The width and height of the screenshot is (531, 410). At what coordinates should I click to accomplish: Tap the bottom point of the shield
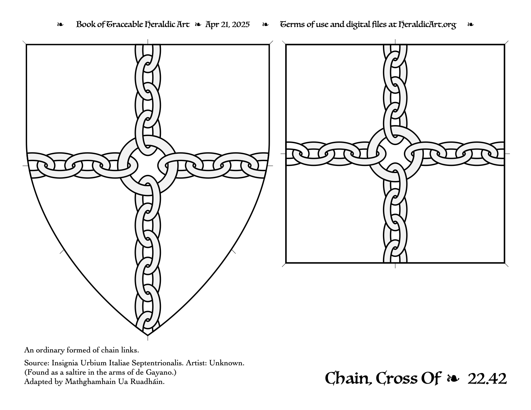[148, 335]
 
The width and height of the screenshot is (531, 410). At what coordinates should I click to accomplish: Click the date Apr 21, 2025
[227, 24]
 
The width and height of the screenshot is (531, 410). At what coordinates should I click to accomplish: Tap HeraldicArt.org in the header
[427, 25]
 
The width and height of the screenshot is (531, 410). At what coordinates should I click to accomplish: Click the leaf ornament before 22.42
[453, 379]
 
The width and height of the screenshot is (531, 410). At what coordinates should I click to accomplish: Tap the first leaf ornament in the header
[60, 24]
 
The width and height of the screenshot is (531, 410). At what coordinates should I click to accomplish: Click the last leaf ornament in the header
[470, 24]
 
